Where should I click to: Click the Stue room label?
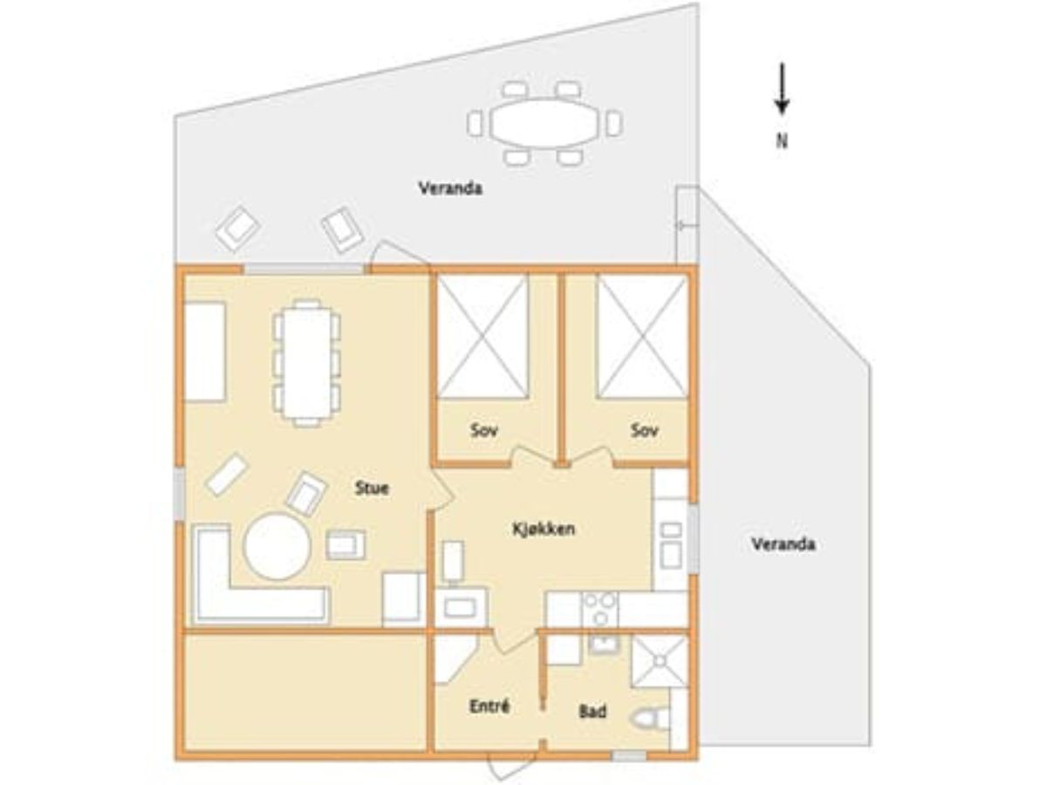372,488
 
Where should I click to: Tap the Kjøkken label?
544,529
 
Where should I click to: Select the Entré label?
489,706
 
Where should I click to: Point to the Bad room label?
592,712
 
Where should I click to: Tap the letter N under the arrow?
782,141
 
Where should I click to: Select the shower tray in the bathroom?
660,661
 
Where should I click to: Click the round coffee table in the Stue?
277,546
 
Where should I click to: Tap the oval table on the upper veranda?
544,124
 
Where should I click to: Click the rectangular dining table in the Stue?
308,362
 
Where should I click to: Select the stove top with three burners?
599,610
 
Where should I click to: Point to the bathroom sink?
605,645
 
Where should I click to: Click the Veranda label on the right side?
784,543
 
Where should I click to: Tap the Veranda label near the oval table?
450,188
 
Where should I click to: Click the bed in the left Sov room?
482,336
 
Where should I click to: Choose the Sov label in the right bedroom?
645,431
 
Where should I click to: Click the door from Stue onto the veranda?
400,253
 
